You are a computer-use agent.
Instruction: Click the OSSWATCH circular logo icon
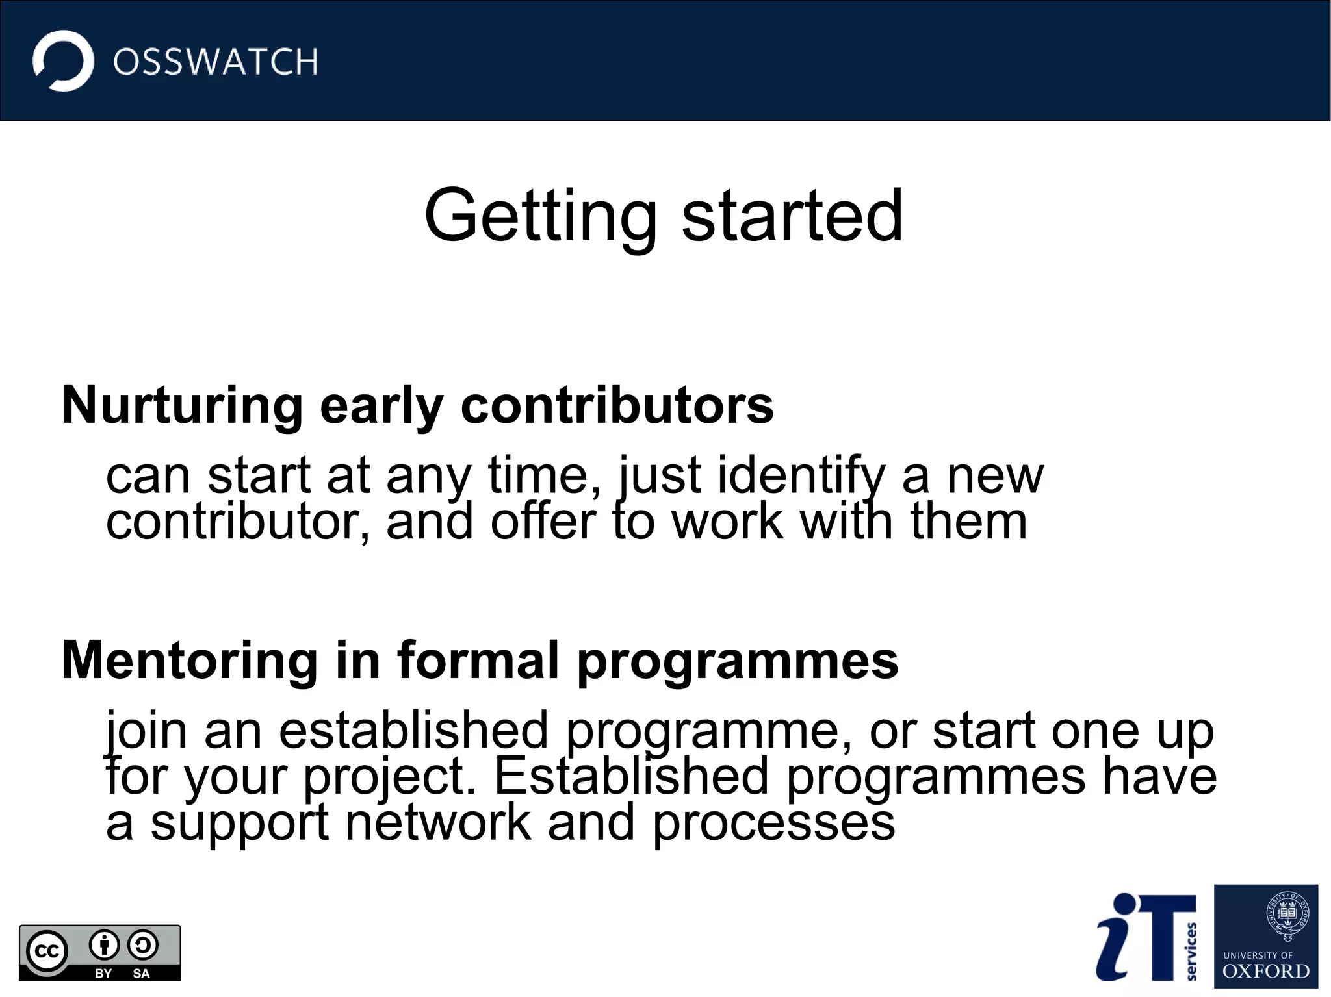pos(63,61)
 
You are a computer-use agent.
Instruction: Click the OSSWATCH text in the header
pos(215,62)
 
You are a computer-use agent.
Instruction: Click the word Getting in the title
pos(540,216)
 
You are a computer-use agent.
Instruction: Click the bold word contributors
pos(617,405)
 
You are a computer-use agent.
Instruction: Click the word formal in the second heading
pos(478,661)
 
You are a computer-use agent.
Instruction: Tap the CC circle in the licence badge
pos(47,952)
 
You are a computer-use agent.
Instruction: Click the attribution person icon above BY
pos(104,945)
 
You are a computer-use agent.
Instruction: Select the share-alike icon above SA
pos(142,945)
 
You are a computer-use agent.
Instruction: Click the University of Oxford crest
pos(1287,916)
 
